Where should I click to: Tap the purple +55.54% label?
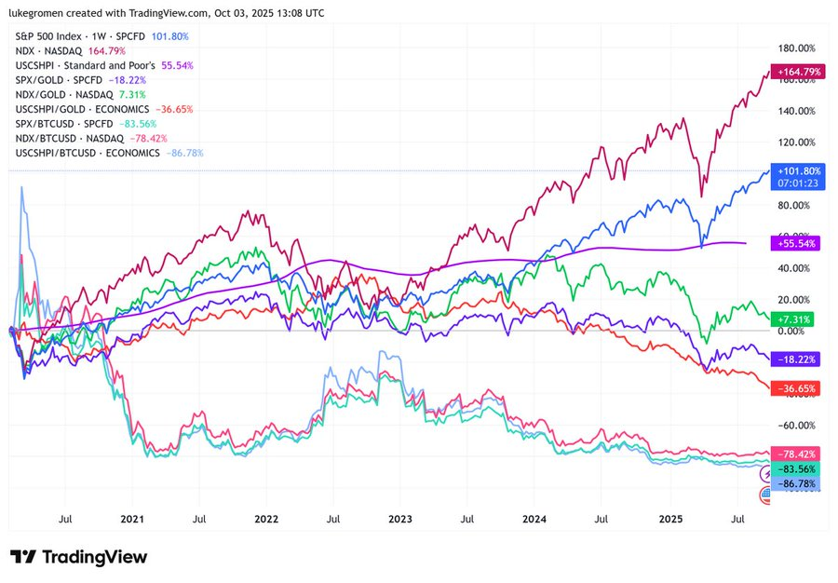coord(794,242)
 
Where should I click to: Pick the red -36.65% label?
coord(794,387)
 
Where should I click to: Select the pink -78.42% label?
coord(794,454)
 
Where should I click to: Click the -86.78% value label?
coord(794,485)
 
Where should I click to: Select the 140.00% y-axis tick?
coord(795,111)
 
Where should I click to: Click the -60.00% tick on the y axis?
coord(795,426)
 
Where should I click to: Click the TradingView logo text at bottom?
coord(78,557)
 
